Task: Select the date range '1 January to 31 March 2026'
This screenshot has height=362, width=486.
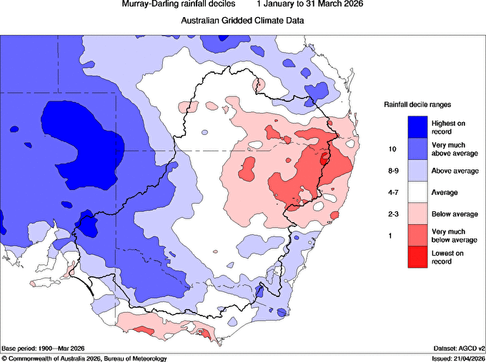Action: point(309,4)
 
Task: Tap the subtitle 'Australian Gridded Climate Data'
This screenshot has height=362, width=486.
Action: point(243,21)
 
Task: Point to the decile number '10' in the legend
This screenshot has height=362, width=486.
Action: point(391,150)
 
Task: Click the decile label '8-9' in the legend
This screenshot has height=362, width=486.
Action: point(391,171)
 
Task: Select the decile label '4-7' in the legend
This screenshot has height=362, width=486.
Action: point(391,193)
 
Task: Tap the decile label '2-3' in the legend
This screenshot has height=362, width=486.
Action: point(391,213)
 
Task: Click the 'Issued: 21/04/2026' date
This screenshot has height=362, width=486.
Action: point(458,358)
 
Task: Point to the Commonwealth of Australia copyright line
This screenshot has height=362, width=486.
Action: point(84,358)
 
